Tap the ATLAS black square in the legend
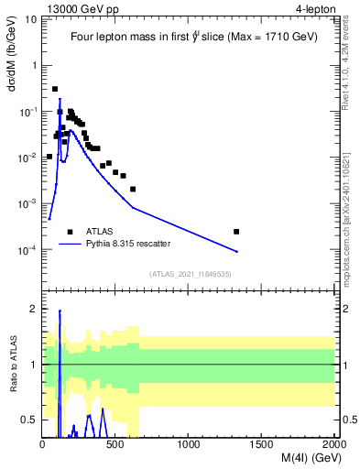(x=70, y=232)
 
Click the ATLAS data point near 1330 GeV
(x=236, y=232)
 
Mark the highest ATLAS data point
(x=55, y=89)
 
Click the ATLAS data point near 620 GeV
(x=133, y=189)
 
